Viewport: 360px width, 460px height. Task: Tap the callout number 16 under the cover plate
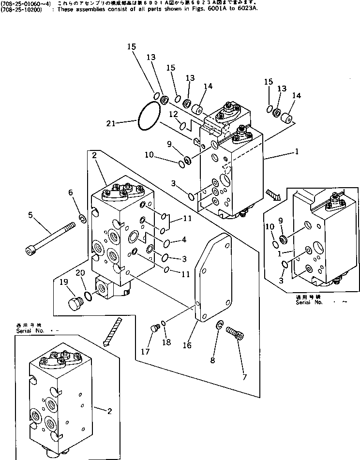click(x=187, y=345)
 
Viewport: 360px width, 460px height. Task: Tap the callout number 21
click(x=110, y=123)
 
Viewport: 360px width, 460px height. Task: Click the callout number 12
click(x=173, y=114)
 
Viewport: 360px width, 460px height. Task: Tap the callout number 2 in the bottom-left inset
click(x=110, y=411)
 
